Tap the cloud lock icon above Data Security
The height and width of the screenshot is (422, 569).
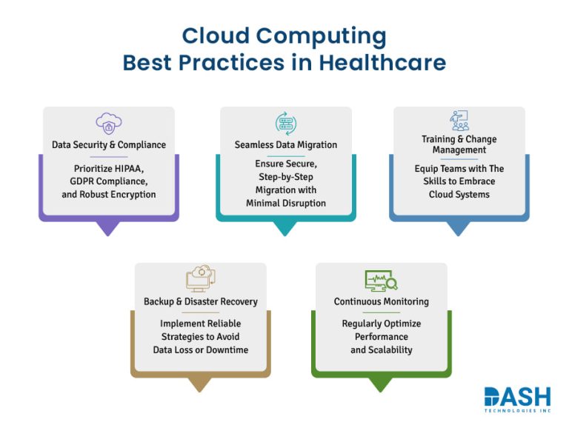click(108, 123)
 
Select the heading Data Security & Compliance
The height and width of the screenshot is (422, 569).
click(109, 144)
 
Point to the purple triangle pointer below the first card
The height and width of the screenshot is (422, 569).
click(109, 228)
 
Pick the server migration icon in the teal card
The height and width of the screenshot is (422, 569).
click(285, 123)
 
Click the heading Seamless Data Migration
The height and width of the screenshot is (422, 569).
click(286, 144)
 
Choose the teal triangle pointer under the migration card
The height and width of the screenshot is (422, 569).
click(285, 228)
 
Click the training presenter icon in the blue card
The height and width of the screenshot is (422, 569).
click(459, 121)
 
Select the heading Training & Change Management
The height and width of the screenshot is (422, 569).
click(459, 144)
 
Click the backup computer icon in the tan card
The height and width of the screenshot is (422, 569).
click(200, 279)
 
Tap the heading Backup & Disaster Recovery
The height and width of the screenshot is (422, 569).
click(201, 301)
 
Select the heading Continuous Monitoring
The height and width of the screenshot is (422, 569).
click(381, 301)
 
